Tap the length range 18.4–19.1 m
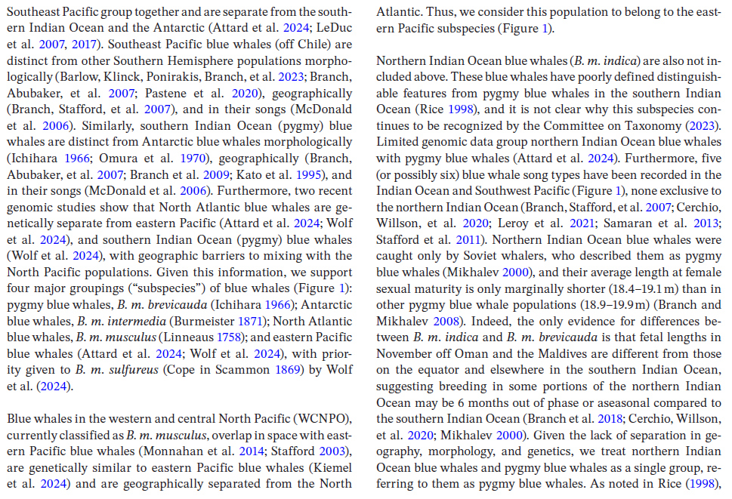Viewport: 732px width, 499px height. click(650, 288)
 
